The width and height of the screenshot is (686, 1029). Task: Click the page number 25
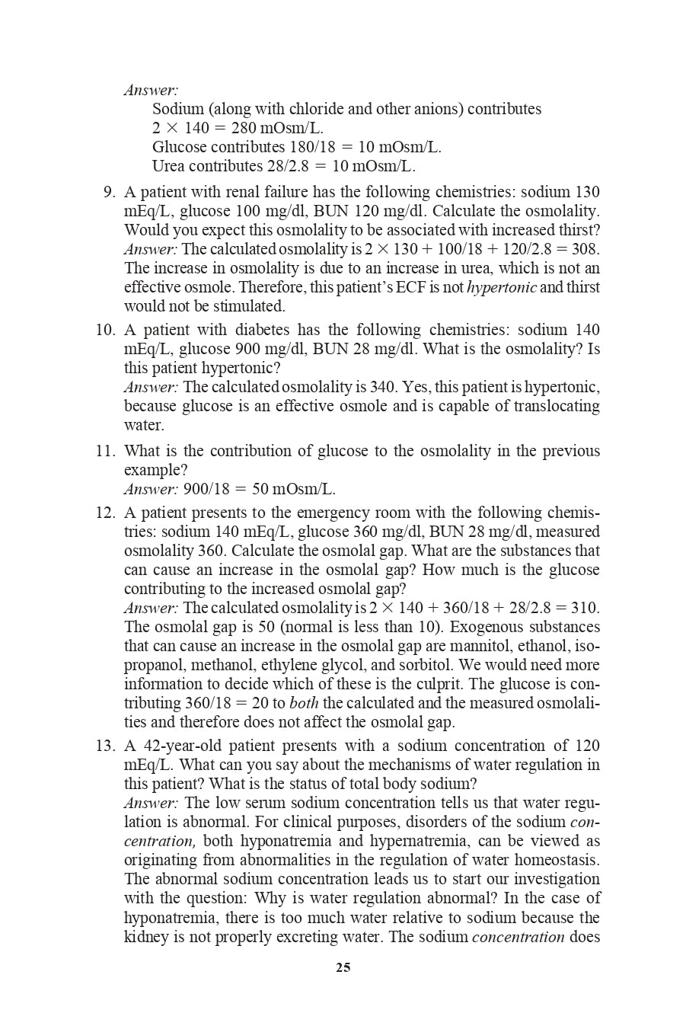343,967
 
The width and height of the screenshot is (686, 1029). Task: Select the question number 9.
108,192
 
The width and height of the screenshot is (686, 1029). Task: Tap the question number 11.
105,451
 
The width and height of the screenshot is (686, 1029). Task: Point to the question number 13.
105,746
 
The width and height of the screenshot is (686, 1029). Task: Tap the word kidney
147,937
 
